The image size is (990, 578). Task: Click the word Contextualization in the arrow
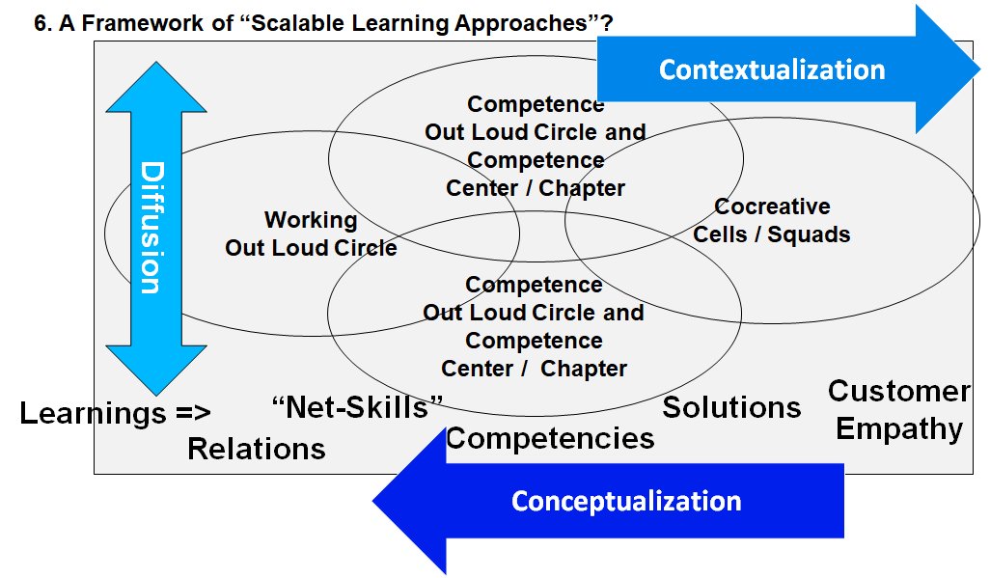pyautogui.click(x=772, y=69)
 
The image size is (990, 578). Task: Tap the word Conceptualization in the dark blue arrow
pyautogui.click(x=626, y=501)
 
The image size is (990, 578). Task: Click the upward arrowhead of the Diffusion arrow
pyautogui.click(x=155, y=91)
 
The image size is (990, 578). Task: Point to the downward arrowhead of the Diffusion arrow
pyautogui.click(x=155, y=367)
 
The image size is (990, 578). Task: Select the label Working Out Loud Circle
pyautogui.click(x=311, y=234)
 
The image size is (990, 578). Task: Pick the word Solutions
pyautogui.click(x=731, y=407)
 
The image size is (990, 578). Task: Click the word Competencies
pyautogui.click(x=550, y=438)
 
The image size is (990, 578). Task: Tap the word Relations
pyautogui.click(x=256, y=448)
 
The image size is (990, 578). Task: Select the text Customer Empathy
pyautogui.click(x=899, y=409)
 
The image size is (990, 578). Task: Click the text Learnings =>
pyautogui.click(x=115, y=414)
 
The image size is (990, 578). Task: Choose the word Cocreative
pyautogui.click(x=772, y=206)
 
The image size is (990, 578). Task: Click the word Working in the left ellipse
pyautogui.click(x=311, y=221)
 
